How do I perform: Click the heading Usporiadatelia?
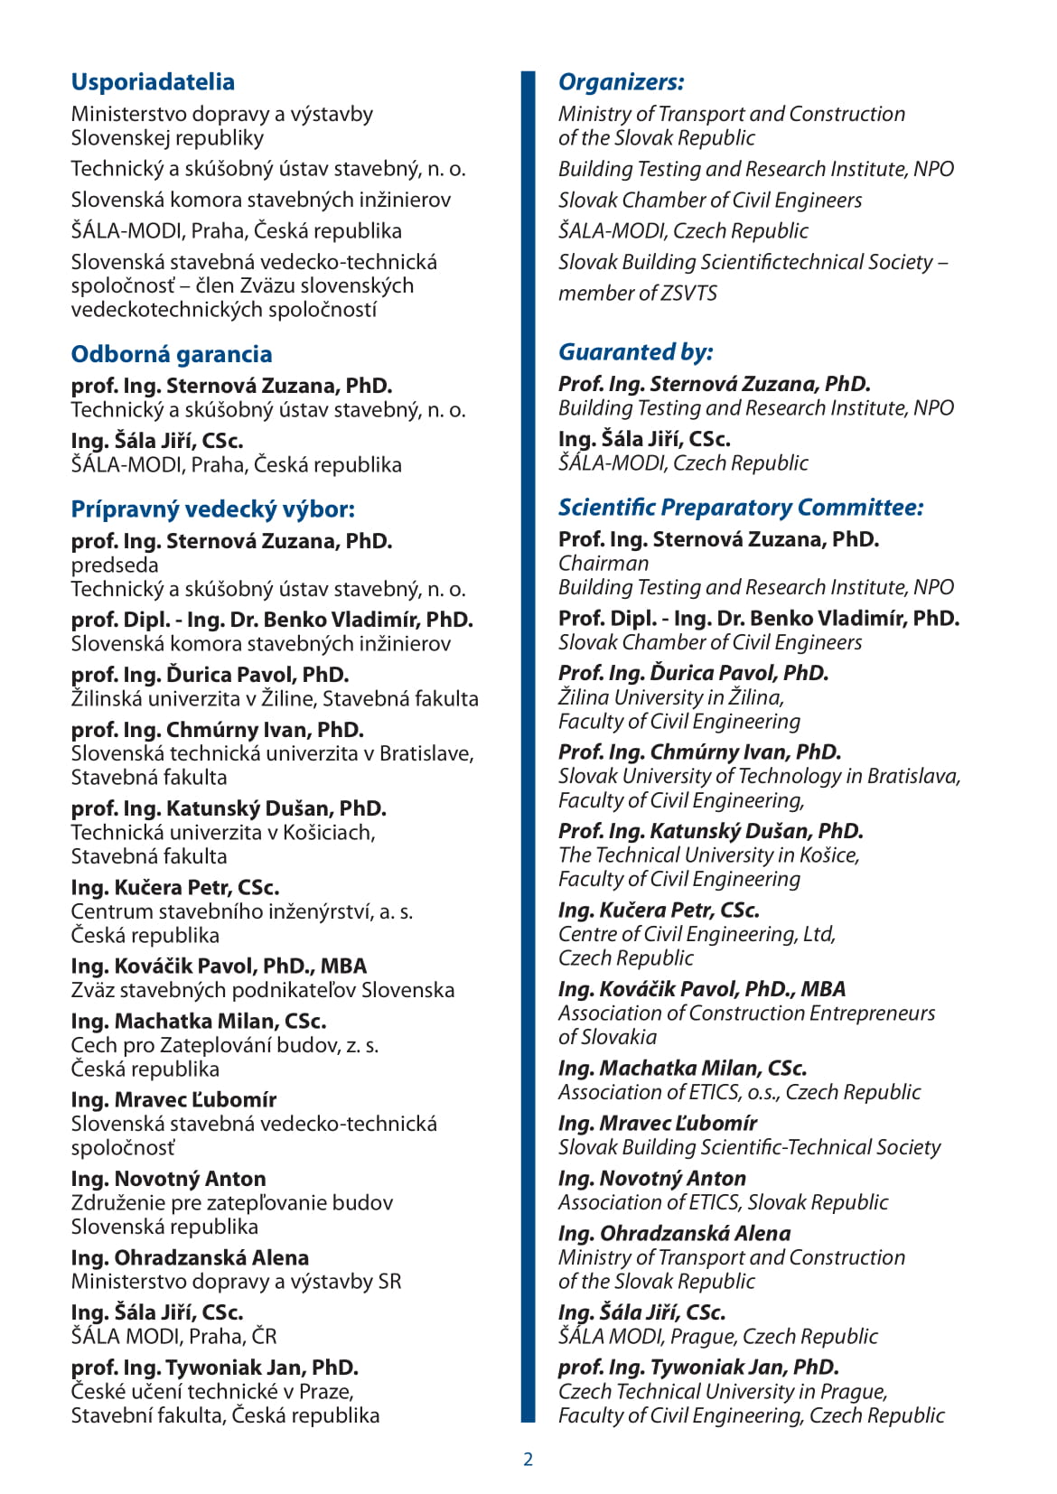(153, 82)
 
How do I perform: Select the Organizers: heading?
(621, 82)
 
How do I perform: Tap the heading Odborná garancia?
(172, 354)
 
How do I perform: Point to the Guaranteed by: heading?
(635, 352)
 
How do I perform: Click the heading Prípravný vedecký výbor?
(212, 509)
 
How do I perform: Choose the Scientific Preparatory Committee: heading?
(740, 508)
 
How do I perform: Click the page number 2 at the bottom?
(528, 1459)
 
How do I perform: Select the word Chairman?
(603, 564)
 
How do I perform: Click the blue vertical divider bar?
(528, 746)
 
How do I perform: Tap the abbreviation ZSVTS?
(689, 294)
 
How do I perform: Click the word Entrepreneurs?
(872, 1013)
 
